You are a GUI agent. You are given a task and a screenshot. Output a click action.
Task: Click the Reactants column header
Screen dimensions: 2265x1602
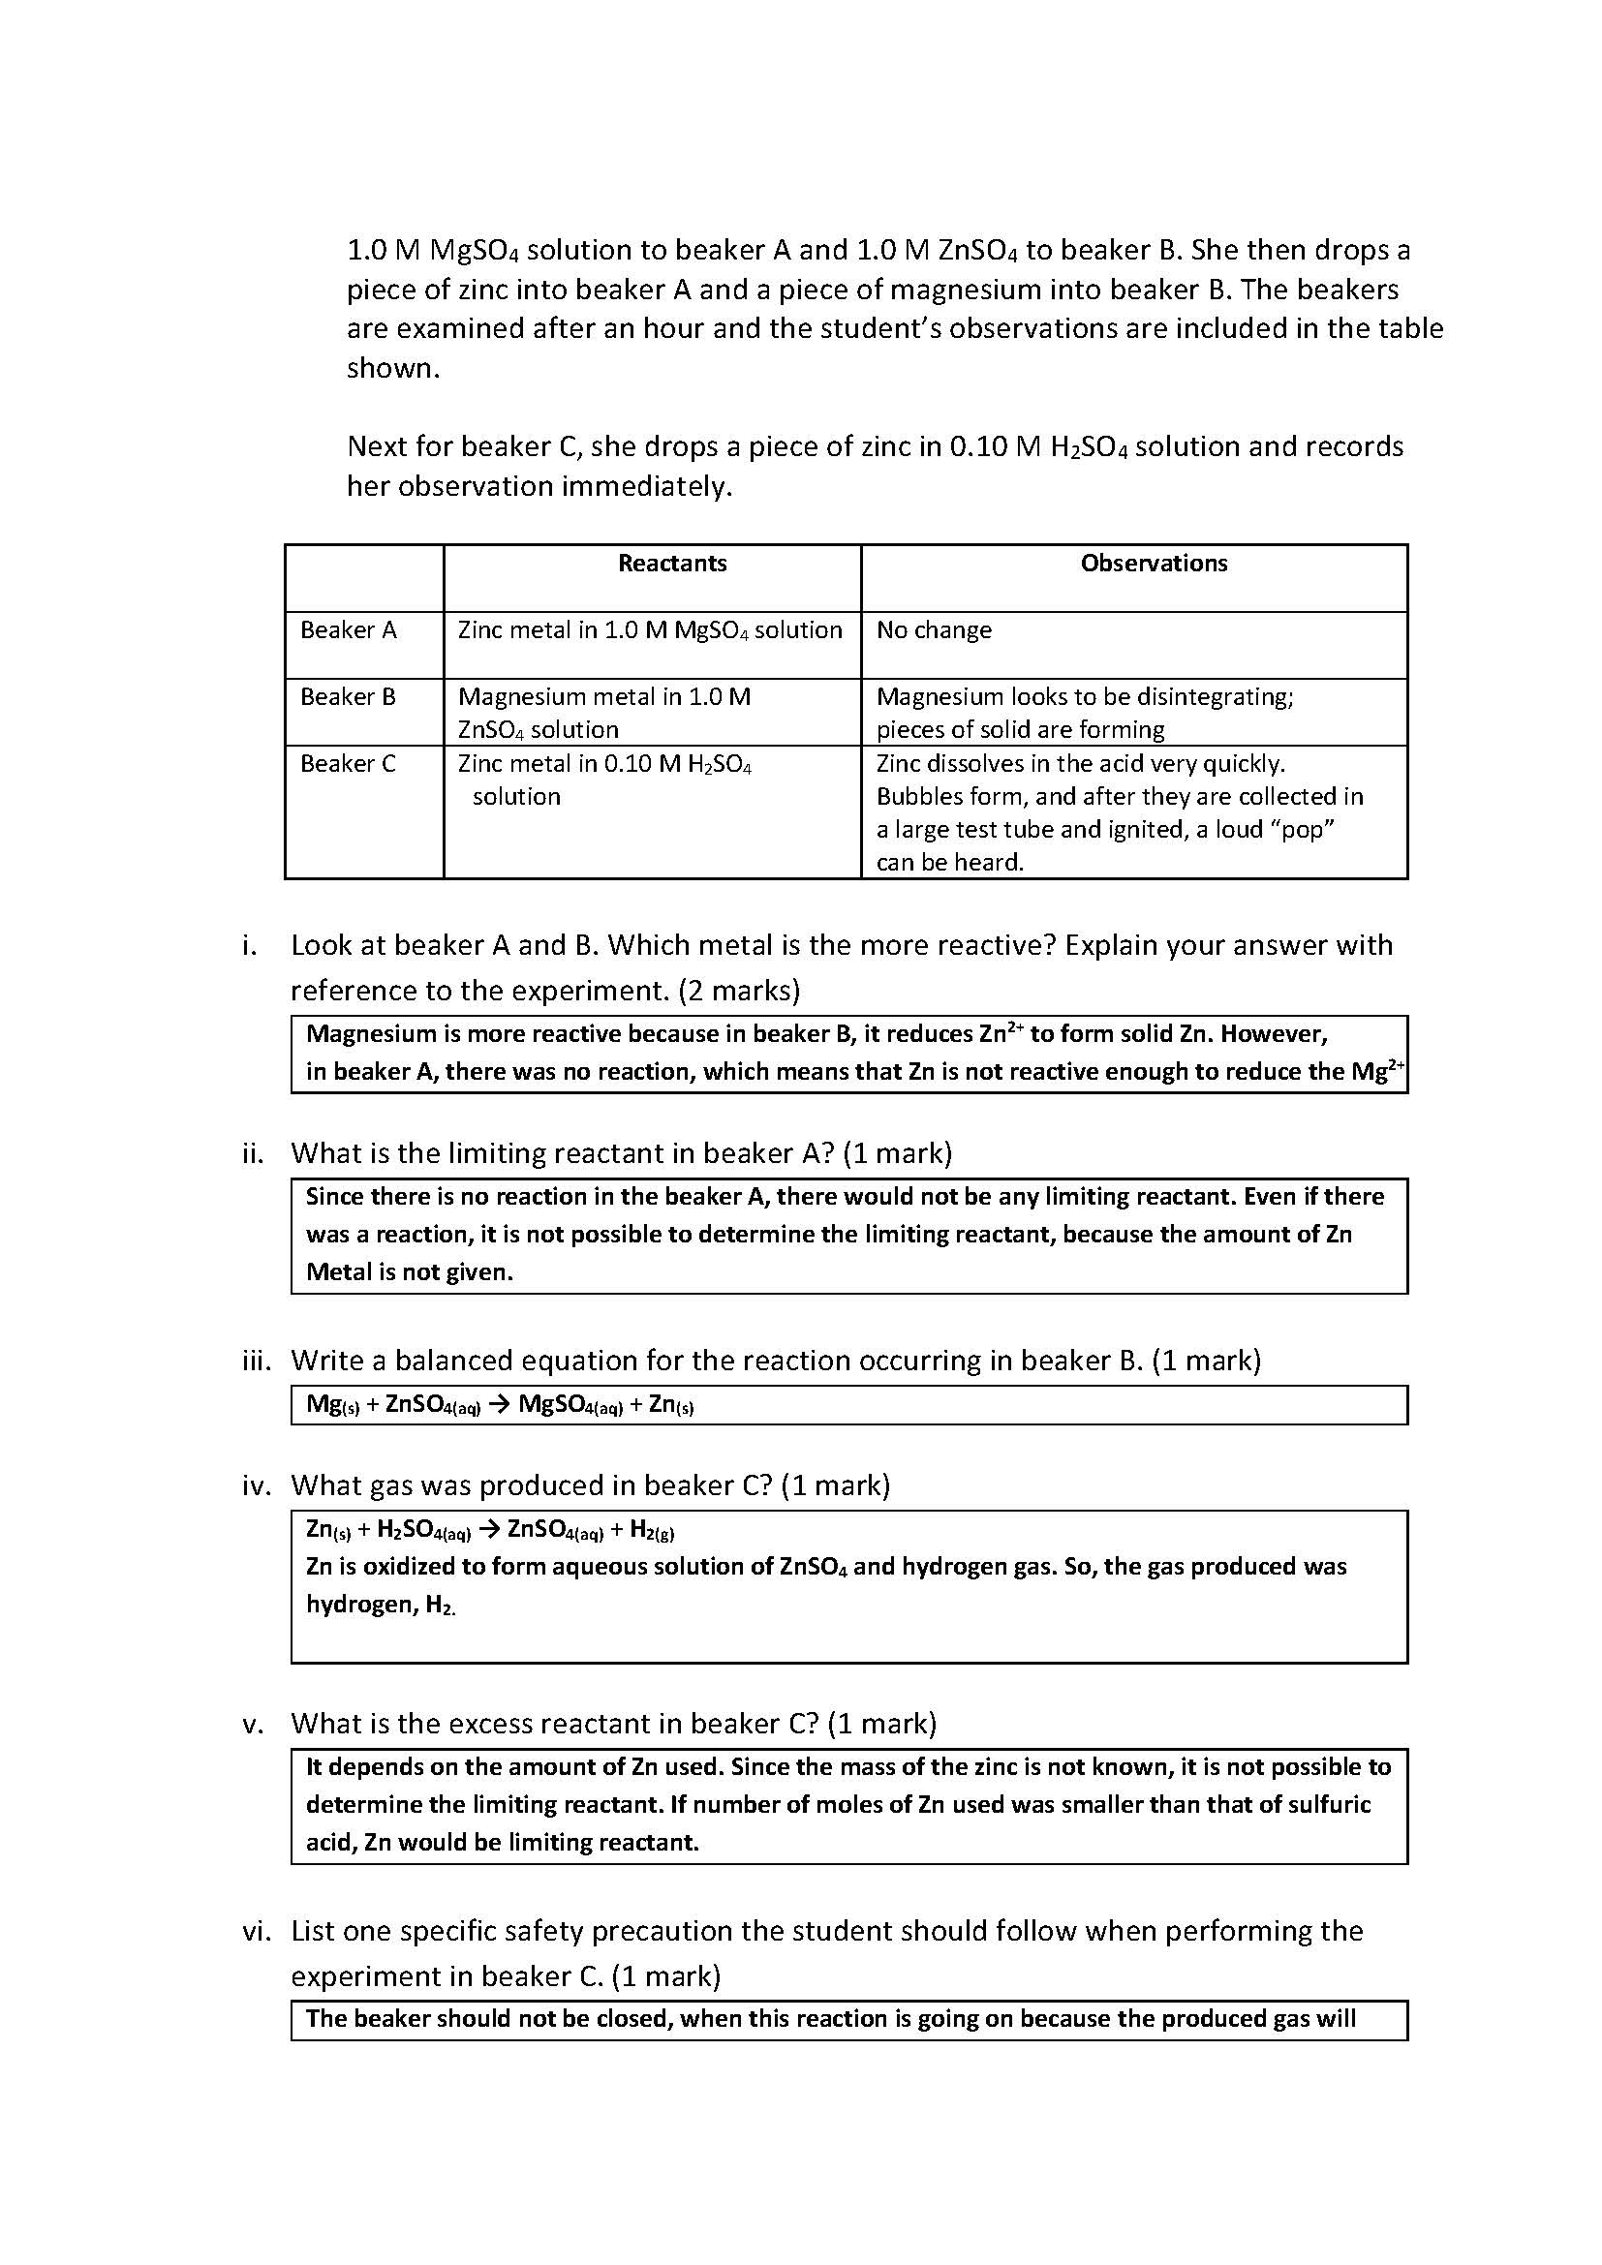pos(672,564)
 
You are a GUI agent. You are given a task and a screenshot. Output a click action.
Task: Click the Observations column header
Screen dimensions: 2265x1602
pos(1154,564)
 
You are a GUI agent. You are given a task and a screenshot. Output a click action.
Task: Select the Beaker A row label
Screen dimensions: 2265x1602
pos(349,630)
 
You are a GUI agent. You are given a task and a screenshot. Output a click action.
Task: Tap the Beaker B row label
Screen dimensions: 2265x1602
pos(349,697)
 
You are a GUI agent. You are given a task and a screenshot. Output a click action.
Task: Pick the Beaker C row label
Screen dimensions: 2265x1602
pos(349,763)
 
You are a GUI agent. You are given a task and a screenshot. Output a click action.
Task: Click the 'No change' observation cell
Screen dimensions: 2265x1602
pos(933,630)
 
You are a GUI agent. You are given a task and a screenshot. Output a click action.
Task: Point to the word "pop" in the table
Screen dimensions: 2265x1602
pos(1301,830)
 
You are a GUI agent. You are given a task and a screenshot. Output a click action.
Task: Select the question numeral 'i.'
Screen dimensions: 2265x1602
pos(250,945)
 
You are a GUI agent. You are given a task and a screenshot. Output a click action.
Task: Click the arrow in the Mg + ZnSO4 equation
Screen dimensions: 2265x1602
pos(499,1404)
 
